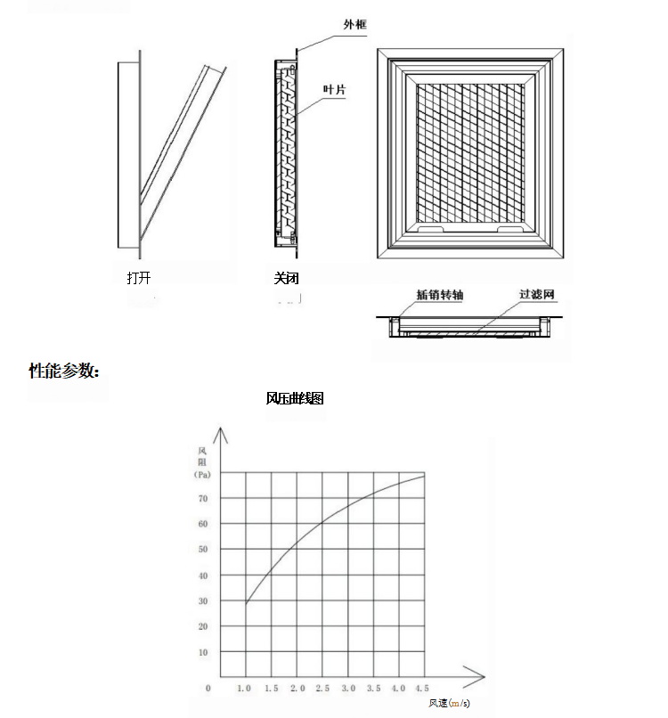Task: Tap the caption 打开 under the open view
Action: pos(139,279)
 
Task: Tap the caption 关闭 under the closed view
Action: pos(287,279)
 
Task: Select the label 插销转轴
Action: pos(439,295)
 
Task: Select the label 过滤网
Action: pos(537,295)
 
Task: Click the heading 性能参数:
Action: pos(64,371)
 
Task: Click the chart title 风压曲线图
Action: pos(295,398)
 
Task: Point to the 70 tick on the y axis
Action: pos(203,499)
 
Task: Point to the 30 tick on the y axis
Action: pos(203,601)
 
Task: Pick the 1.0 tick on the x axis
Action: pos(245,689)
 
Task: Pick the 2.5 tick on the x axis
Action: pos(322,689)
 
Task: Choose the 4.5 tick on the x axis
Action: pos(422,689)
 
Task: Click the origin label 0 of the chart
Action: pos(208,689)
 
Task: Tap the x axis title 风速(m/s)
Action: pos(449,704)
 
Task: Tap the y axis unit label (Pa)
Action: pos(202,475)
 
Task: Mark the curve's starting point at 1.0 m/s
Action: pos(246,604)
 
